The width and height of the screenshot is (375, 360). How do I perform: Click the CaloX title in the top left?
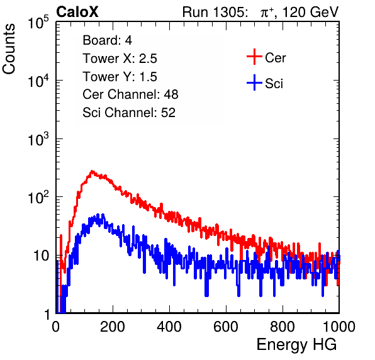coord(77,12)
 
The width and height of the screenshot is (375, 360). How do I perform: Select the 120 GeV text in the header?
coord(311,12)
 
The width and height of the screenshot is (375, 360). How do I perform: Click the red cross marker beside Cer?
coord(254,57)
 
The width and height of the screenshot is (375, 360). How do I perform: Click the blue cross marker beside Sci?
coord(254,82)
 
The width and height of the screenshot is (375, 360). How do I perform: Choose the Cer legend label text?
coord(275,58)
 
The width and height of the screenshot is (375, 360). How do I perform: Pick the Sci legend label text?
coord(274,84)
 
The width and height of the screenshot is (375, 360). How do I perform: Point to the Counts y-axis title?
coord(9,48)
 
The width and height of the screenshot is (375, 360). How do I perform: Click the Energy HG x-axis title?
coord(296,344)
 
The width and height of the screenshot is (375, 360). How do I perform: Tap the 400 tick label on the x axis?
coord(169,327)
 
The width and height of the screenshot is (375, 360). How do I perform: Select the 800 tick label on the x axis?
coord(283,327)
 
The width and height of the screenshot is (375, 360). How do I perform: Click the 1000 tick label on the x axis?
coord(339,327)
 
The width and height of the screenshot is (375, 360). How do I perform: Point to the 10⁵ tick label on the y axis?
coord(38,22)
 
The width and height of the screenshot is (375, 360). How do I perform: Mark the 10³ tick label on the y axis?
coord(38,138)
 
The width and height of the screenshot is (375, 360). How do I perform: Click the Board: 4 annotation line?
coord(107,40)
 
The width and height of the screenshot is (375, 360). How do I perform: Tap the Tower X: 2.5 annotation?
coord(120,59)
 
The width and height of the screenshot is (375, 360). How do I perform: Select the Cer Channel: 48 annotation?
coord(130,94)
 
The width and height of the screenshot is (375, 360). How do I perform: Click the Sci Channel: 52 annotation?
coord(129,113)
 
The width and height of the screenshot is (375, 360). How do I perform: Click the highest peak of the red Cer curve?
coord(92,171)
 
